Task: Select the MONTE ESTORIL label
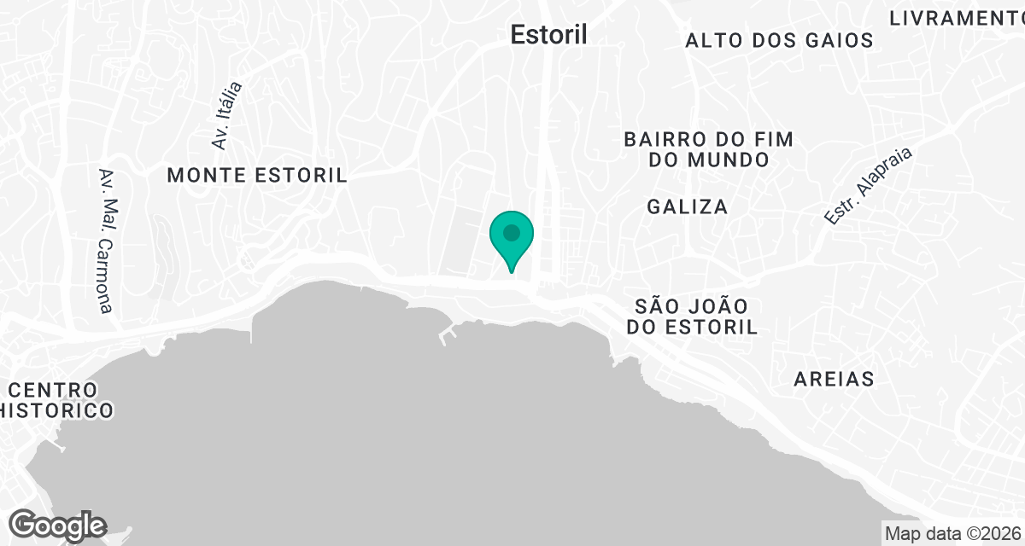pyautogui.click(x=257, y=176)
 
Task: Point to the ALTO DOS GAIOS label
pyautogui.click(x=779, y=40)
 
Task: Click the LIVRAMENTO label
pyautogui.click(x=955, y=18)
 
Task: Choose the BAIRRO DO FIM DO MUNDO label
pyautogui.click(x=709, y=149)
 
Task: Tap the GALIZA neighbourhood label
pyautogui.click(x=688, y=206)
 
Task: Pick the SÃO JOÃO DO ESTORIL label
pyautogui.click(x=692, y=317)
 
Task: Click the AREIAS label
pyautogui.click(x=834, y=380)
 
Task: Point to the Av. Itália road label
pyautogui.click(x=227, y=116)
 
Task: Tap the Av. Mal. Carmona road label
pyautogui.click(x=107, y=241)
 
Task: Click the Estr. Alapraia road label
pyautogui.click(x=869, y=187)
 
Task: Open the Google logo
pyautogui.click(x=59, y=525)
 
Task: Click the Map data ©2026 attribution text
pyautogui.click(x=952, y=534)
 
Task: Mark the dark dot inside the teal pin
pyautogui.click(x=512, y=232)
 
